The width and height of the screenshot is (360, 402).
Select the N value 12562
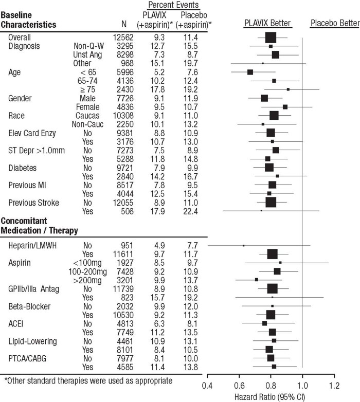(x=123, y=37)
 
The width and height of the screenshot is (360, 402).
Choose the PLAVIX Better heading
(x=267, y=24)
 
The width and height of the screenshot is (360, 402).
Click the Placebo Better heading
(x=334, y=24)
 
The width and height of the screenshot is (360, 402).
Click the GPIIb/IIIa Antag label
(x=34, y=289)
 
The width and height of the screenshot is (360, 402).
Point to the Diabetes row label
(x=23, y=168)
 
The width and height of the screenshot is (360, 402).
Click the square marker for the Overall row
(x=271, y=38)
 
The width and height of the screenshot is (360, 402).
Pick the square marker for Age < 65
(x=250, y=72)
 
